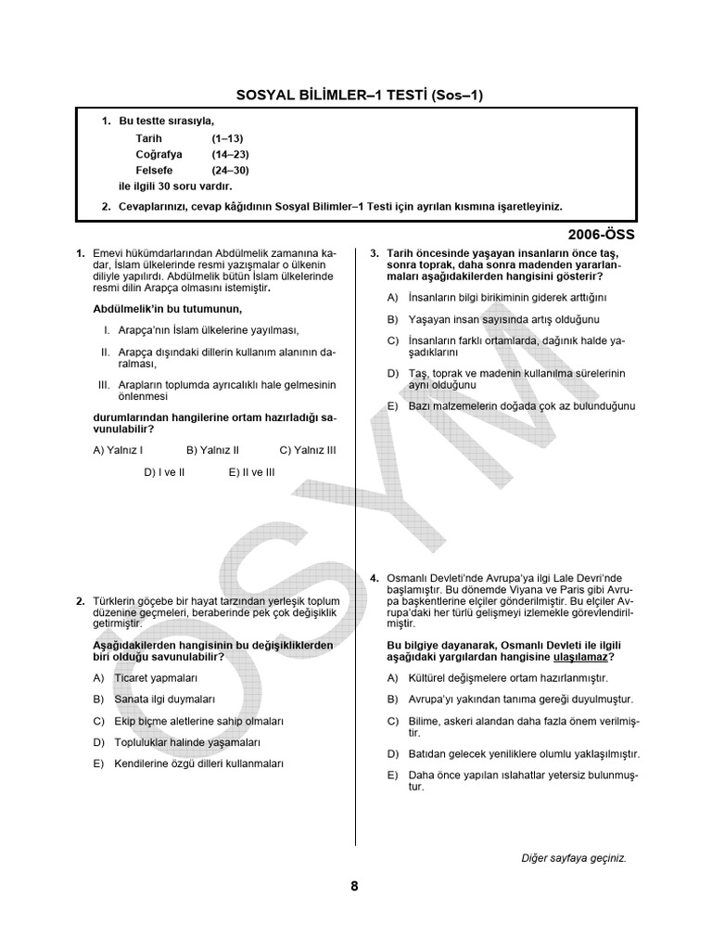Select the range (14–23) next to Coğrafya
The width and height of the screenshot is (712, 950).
pos(230,154)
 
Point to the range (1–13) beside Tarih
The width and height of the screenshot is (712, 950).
pos(227,137)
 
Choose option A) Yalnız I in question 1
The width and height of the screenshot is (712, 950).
pos(119,450)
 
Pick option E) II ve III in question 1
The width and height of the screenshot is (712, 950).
pos(252,471)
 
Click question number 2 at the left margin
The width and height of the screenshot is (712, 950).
pos(81,601)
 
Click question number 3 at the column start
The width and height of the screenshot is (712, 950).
pos(374,253)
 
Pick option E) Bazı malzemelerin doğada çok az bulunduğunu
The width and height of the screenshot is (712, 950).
pos(511,406)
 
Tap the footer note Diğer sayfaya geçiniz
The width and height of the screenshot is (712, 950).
pos(574,858)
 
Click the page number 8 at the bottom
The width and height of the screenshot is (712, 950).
pos(354,886)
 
